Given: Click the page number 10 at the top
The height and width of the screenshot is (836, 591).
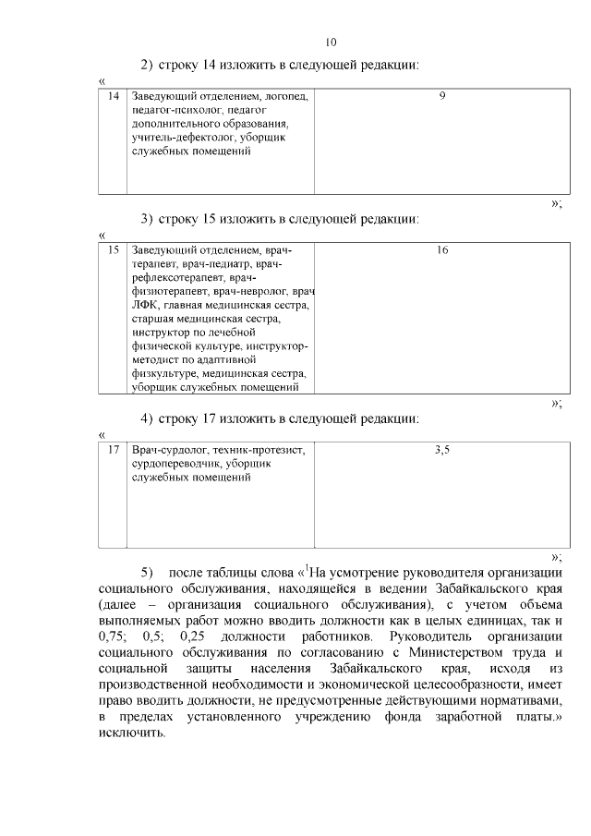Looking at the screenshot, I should (332, 42).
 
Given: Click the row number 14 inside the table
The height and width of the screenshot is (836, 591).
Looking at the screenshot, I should (114, 96).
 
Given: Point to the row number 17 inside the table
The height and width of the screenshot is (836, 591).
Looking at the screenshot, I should (114, 450).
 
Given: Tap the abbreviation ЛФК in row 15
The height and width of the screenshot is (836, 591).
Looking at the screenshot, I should (145, 304).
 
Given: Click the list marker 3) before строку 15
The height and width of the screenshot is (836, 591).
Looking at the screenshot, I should (146, 219).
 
